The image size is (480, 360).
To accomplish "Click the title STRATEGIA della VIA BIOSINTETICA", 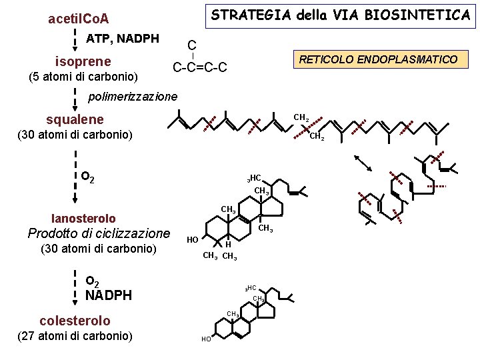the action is [x=341, y=15].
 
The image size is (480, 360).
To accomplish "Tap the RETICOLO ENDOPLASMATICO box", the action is [x=378, y=59].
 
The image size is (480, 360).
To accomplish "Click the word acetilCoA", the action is [x=79, y=19].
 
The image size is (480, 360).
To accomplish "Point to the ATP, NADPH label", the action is [x=123, y=38].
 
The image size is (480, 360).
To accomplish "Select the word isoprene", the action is [x=83, y=61].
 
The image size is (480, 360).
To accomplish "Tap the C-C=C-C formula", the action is [x=200, y=67].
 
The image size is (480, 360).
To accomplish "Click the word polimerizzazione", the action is [x=133, y=97].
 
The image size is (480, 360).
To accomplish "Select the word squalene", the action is [x=75, y=119].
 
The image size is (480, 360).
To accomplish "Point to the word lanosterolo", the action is [x=83, y=218].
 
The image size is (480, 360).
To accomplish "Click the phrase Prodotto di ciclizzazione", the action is [x=99, y=233].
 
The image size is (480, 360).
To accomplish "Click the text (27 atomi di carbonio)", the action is [x=75, y=335].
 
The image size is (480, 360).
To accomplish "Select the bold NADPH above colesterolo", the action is [x=109, y=295].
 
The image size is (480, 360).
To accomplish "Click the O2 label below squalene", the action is [x=87, y=177].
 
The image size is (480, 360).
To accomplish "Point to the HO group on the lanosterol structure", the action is [x=191, y=239].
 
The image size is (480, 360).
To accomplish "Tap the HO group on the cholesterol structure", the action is [x=206, y=339].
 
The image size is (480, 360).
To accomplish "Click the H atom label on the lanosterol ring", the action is [x=228, y=244].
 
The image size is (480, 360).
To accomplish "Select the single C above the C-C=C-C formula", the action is [x=191, y=45].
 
